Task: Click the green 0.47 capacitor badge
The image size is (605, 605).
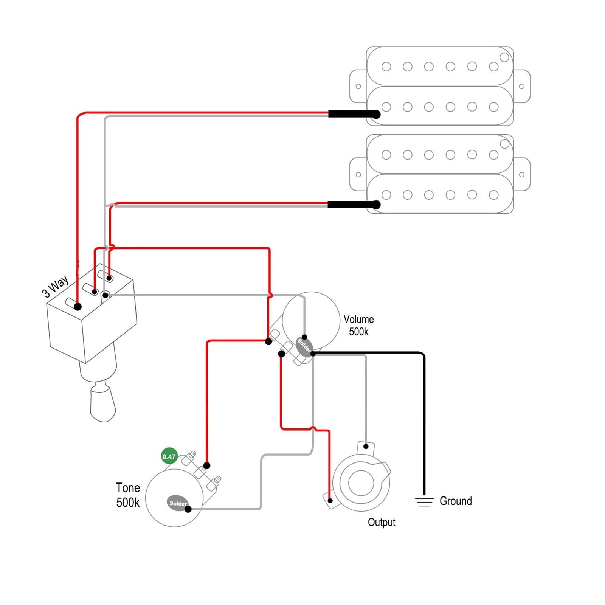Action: point(169,456)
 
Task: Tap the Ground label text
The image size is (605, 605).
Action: point(456,501)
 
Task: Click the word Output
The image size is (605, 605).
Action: point(382,522)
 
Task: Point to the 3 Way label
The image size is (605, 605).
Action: point(56,286)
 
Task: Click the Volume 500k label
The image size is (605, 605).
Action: point(358,325)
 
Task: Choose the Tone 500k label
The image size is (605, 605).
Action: point(128,495)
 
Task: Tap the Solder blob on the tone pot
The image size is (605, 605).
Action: point(177,503)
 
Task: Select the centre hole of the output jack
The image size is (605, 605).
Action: point(361,483)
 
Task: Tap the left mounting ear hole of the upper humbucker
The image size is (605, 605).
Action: point(358,87)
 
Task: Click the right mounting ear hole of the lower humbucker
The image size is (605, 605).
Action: point(522,175)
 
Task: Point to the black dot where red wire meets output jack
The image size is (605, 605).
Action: point(330,501)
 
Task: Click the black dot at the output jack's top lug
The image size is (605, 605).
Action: point(366,447)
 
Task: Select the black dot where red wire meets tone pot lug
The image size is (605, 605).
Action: point(207,465)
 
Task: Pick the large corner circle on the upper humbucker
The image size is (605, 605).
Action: point(504,57)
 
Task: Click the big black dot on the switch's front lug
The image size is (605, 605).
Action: point(78,307)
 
